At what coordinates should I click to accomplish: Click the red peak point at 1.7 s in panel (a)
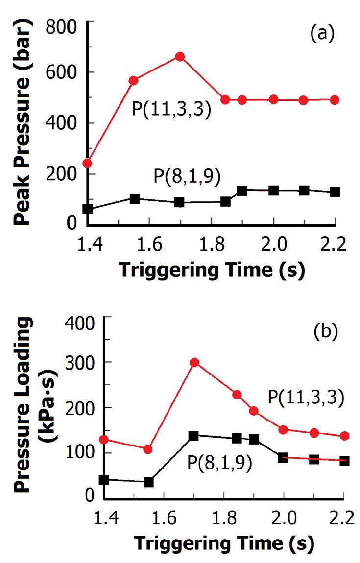[180, 57]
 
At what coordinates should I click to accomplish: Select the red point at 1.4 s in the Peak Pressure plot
[88, 163]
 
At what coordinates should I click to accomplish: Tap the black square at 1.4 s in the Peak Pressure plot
[88, 209]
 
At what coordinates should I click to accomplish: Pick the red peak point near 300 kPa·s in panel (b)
[194, 363]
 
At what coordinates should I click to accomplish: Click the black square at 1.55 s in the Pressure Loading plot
[149, 482]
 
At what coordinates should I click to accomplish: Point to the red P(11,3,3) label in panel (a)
[171, 109]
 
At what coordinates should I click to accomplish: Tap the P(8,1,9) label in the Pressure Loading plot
[219, 462]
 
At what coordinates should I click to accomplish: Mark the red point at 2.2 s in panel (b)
[344, 436]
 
